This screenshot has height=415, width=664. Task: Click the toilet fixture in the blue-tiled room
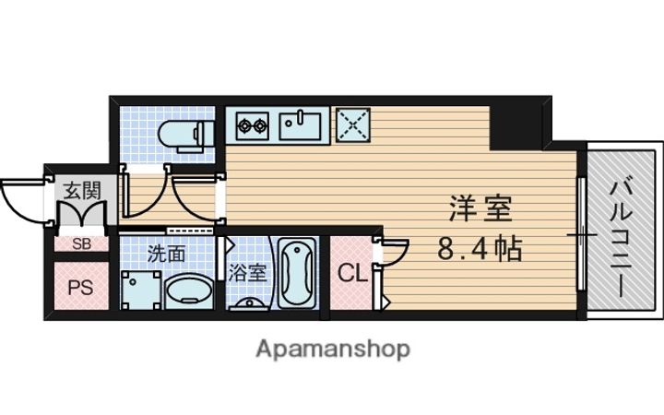pyautogui.click(x=186, y=134)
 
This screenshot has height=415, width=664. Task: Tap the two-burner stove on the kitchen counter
pyautogui.click(x=253, y=125)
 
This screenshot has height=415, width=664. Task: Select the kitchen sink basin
pyautogui.click(x=300, y=125)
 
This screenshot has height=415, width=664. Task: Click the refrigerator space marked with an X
pyautogui.click(x=353, y=125)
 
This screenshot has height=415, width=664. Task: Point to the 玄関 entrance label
pyautogui.click(x=82, y=191)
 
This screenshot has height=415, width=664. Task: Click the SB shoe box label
pyautogui.click(x=81, y=243)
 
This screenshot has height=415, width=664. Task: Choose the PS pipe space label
pyautogui.click(x=81, y=288)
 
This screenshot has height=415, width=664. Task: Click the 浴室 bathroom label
pyautogui.click(x=248, y=274)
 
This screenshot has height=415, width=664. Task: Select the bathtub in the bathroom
pyautogui.click(x=297, y=273)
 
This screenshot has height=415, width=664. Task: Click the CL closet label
pyautogui.click(x=352, y=274)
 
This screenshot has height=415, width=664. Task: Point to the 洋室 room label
pyautogui.click(x=480, y=208)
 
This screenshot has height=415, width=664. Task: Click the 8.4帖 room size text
pyautogui.click(x=480, y=249)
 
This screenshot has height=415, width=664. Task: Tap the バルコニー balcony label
pyautogui.click(x=621, y=239)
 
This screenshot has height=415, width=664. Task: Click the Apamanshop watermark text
pyautogui.click(x=333, y=350)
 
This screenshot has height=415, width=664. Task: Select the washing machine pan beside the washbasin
pyautogui.click(x=141, y=290)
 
